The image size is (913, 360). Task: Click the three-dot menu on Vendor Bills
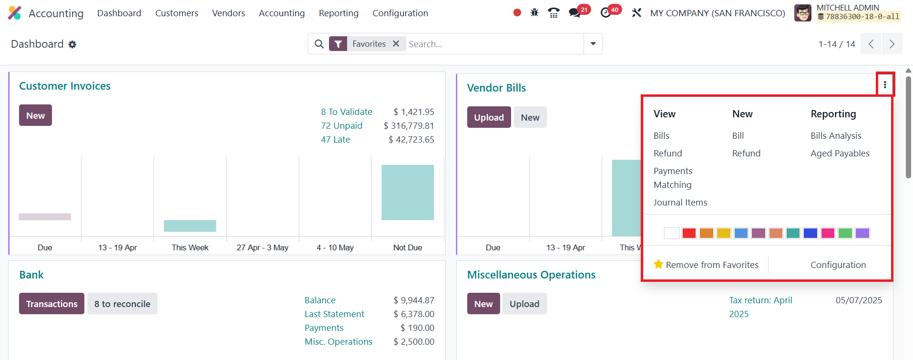tap(885, 84)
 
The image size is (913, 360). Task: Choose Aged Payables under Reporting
tap(840, 154)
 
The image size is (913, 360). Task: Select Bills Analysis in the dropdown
tap(836, 136)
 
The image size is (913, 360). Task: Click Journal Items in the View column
tap(680, 203)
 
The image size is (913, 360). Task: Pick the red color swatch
tap(689, 233)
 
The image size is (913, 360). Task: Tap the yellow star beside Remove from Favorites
tap(658, 264)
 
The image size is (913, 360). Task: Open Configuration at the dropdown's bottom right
tap(838, 265)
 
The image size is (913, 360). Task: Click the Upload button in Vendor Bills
tap(489, 117)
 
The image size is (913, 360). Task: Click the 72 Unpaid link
tap(341, 126)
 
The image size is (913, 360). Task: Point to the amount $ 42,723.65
tap(411, 140)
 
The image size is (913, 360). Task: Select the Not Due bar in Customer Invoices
tap(408, 192)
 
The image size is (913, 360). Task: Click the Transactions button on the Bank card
tap(51, 304)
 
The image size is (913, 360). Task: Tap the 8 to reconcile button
tap(122, 304)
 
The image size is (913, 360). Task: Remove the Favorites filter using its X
tap(396, 44)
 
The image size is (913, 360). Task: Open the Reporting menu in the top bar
tap(339, 13)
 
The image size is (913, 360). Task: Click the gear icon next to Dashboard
tap(72, 44)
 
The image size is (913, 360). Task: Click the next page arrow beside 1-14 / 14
tap(892, 44)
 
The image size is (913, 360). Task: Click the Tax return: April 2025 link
tap(761, 307)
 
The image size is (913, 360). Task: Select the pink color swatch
tap(828, 233)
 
